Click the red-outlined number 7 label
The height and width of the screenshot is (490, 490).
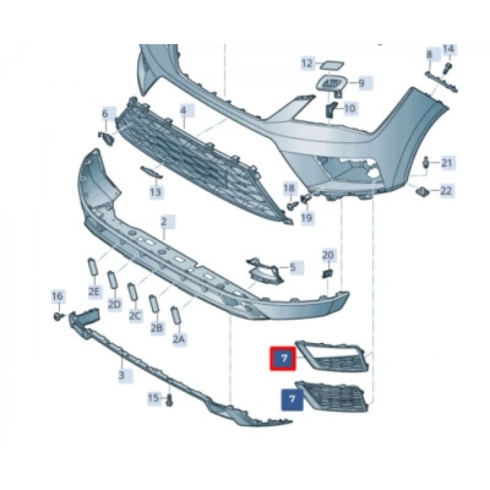(283, 358)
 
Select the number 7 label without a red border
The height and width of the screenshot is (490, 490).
(292, 400)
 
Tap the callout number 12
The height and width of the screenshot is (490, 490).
(307, 64)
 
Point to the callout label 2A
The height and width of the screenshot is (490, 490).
(179, 339)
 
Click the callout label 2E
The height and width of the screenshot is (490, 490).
(94, 292)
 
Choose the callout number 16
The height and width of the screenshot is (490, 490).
(57, 295)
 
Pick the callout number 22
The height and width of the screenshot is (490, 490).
(447, 190)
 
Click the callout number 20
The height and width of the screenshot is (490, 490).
(328, 255)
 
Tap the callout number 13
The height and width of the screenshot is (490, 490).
(155, 192)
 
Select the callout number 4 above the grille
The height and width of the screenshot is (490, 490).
(183, 111)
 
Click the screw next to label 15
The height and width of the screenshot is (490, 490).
(169, 400)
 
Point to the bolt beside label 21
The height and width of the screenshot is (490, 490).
(426, 163)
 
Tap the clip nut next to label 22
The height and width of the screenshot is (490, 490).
(423, 190)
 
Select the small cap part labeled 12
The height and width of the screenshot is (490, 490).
(332, 66)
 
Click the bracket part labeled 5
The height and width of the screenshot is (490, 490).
(265, 271)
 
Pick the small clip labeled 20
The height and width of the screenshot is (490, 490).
(327, 274)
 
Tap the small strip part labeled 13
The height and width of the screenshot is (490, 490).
(152, 172)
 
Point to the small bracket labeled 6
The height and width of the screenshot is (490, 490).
(106, 138)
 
